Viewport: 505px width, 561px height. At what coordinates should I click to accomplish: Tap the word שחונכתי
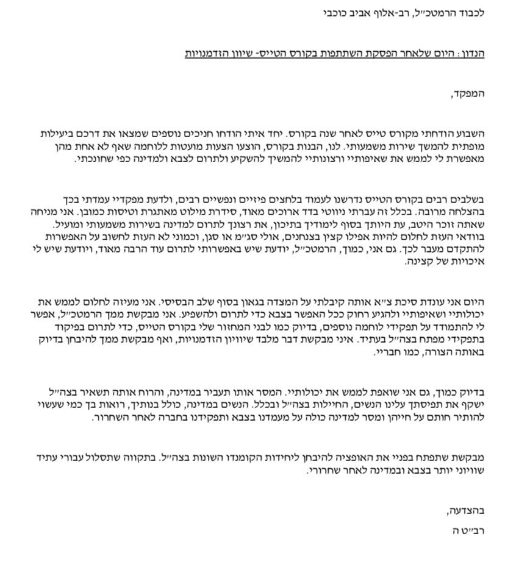click(x=92, y=159)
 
